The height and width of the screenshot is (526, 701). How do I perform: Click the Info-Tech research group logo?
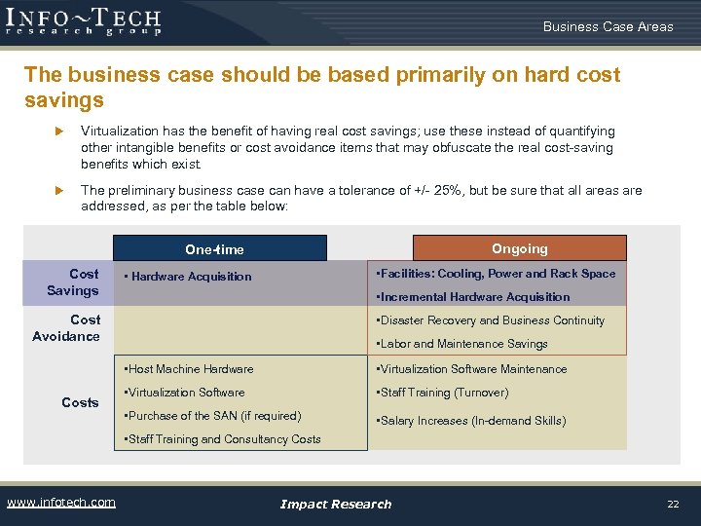(x=84, y=20)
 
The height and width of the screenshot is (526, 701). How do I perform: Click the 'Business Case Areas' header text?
(x=608, y=26)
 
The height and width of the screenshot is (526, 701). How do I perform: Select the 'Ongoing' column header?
(x=520, y=248)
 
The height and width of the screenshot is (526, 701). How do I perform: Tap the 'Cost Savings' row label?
(x=73, y=282)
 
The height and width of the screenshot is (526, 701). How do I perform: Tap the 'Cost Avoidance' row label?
(x=66, y=328)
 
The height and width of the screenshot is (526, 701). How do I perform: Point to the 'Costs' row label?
(x=80, y=402)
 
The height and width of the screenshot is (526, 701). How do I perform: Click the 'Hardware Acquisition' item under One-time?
(x=189, y=277)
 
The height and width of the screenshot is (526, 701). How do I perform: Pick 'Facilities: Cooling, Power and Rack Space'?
(x=497, y=274)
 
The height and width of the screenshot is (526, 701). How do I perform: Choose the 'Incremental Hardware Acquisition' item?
(x=473, y=297)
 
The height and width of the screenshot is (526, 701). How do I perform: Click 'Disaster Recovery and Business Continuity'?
(x=491, y=320)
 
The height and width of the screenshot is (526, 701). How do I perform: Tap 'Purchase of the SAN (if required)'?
(x=212, y=416)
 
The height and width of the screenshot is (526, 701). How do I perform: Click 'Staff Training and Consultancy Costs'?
(x=223, y=439)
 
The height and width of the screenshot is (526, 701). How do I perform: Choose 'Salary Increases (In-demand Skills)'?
(x=471, y=421)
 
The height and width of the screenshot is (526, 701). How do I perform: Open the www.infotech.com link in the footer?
(x=61, y=503)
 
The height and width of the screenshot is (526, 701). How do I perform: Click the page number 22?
(x=672, y=504)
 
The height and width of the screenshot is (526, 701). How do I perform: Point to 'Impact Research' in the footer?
(x=336, y=504)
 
